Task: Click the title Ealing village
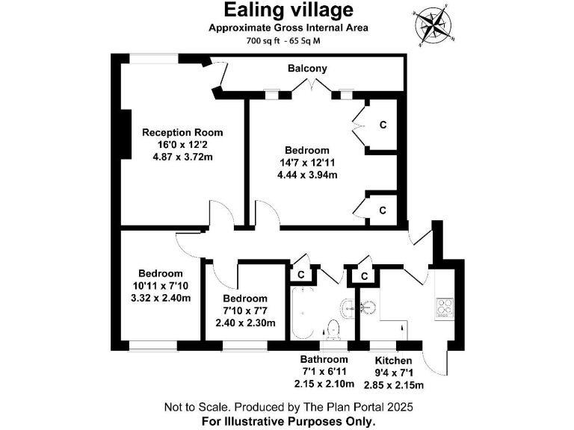pos(288,10)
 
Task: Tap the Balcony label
pos(307,69)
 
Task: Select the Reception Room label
pos(182,132)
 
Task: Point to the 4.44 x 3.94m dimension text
pos(306,175)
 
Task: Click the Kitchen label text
pos(393,361)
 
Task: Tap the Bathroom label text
pos(325,361)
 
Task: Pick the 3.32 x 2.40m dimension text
pos(160,298)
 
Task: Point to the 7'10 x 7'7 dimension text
pos(245,311)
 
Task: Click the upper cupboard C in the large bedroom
pos(383,125)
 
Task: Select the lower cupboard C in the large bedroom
pos(383,211)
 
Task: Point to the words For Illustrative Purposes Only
pos(288,421)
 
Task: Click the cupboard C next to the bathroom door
pos(300,275)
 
